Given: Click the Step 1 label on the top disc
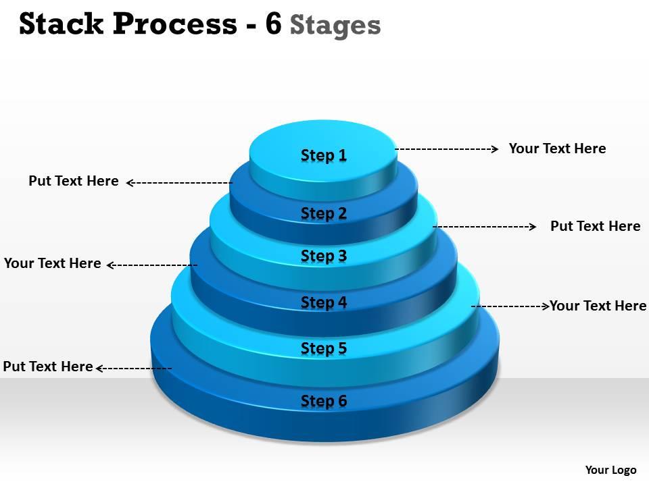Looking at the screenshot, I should tap(324, 155).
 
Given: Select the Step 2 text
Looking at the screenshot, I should tap(324, 213).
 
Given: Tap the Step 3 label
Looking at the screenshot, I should tap(324, 256).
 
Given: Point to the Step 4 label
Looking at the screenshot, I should tap(324, 302).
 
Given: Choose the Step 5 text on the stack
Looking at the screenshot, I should tap(324, 348).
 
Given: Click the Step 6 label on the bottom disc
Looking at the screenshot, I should tap(324, 401).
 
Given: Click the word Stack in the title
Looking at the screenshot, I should tap(61, 24).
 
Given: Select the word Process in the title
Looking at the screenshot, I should tap(175, 24).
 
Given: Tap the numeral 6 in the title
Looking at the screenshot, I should tap(273, 24).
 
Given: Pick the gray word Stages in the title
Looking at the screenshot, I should tap(335, 26).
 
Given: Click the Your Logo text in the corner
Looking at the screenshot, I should tap(610, 470).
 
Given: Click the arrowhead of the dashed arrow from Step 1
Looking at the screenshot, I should tap(496, 148).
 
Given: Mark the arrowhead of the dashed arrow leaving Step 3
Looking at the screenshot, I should tap(533, 227).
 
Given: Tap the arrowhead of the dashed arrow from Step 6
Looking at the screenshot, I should tap(99, 368).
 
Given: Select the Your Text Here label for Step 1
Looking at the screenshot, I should tap(557, 148).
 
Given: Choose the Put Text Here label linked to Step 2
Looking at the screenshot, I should tap(74, 181).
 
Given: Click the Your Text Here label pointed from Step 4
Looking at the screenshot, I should tap(53, 263).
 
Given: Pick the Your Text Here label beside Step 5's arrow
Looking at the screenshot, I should tap(598, 306).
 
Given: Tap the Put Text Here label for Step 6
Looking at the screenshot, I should tap(48, 367).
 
